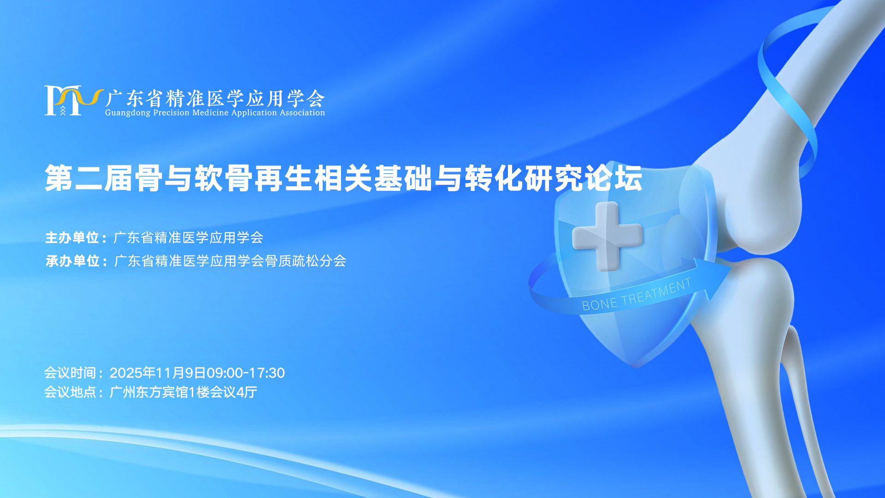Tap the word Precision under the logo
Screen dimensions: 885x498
pyautogui.click(x=171, y=113)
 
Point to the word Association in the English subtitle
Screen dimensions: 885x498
pyautogui.click(x=302, y=113)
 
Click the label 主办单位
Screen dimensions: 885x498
pyautogui.click(x=72, y=237)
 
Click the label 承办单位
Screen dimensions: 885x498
pyautogui.click(x=73, y=261)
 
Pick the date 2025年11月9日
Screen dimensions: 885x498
pyautogui.click(x=158, y=373)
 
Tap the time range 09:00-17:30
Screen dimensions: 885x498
pyautogui.click(x=246, y=373)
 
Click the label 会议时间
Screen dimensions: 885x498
pyautogui.click(x=70, y=373)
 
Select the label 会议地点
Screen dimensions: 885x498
pyautogui.click(x=70, y=392)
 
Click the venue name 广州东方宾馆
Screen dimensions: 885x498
pyautogui.click(x=149, y=392)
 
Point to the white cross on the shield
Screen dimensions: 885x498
pyautogui.click(x=607, y=236)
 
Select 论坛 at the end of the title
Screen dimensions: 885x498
pyautogui.click(x=614, y=178)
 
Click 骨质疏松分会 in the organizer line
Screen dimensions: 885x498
pyautogui.click(x=306, y=261)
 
